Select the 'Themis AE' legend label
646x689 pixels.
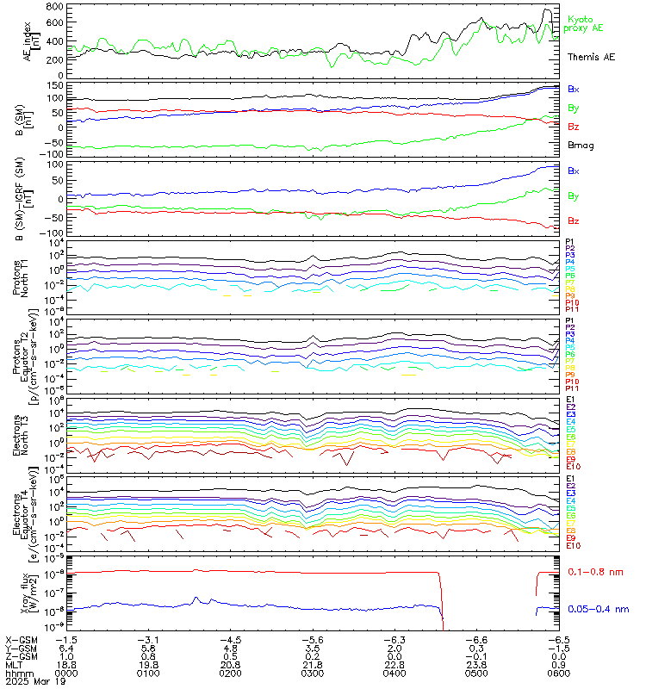click(x=590, y=56)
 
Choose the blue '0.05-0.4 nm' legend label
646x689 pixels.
click(x=597, y=610)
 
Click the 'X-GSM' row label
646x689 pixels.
click(x=21, y=640)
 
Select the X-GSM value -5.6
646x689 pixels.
click(x=309, y=640)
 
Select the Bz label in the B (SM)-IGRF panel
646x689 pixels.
click(x=573, y=220)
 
